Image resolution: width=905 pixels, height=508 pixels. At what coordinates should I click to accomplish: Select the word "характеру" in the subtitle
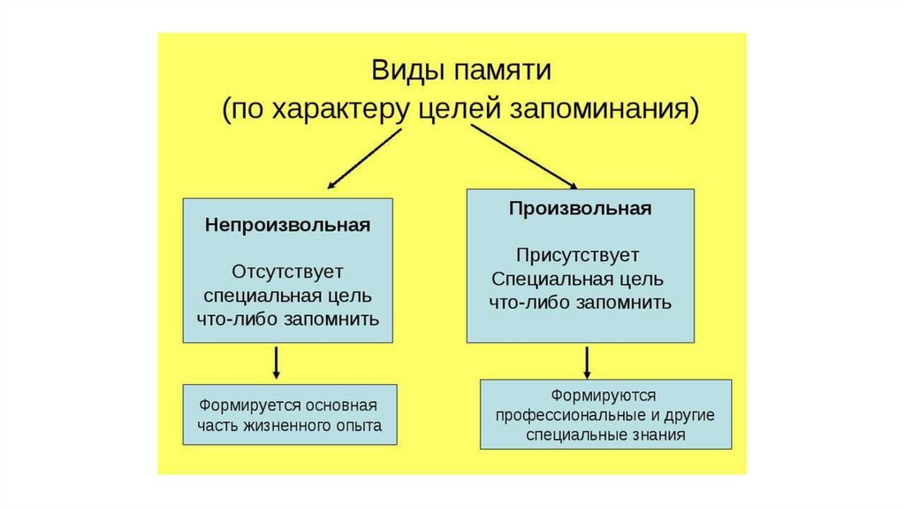point(340,110)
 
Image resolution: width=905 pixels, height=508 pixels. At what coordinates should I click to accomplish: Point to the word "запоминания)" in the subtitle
point(617,110)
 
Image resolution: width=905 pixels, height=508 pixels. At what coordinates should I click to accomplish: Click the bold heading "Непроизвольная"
point(287,225)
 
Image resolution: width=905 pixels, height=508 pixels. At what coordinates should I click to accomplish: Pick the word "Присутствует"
point(580,257)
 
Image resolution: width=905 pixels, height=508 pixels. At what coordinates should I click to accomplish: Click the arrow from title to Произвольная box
point(522,156)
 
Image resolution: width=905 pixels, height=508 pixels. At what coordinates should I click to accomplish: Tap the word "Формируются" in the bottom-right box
point(605,395)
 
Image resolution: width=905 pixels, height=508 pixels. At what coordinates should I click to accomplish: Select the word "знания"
point(660,435)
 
